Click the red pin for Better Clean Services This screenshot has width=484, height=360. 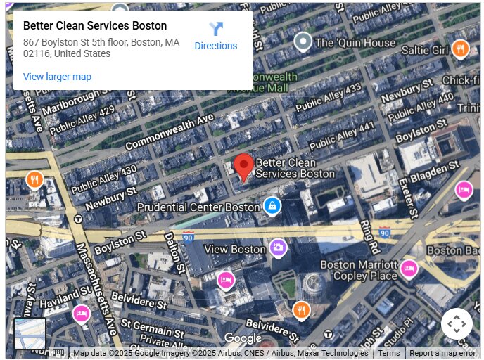pyautogui.click(x=243, y=167)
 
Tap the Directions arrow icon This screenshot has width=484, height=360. pyautogui.click(x=216, y=30)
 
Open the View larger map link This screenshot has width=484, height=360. pyautogui.click(x=57, y=77)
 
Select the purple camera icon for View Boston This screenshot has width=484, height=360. pyautogui.click(x=278, y=247)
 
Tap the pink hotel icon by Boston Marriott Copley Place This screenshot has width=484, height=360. pyautogui.click(x=409, y=268)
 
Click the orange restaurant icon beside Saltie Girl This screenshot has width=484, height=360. pyautogui.click(x=460, y=49)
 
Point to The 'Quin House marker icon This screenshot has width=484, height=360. pyautogui.click(x=303, y=42)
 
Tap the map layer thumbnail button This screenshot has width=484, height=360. pyautogui.click(x=30, y=333)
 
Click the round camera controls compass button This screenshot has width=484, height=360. pyautogui.click(x=457, y=324)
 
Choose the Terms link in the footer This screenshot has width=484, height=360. pyautogui.click(x=388, y=353)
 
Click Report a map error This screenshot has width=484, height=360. pyautogui.click(x=442, y=353)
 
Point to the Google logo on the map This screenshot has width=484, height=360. pyautogui.click(x=243, y=338)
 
